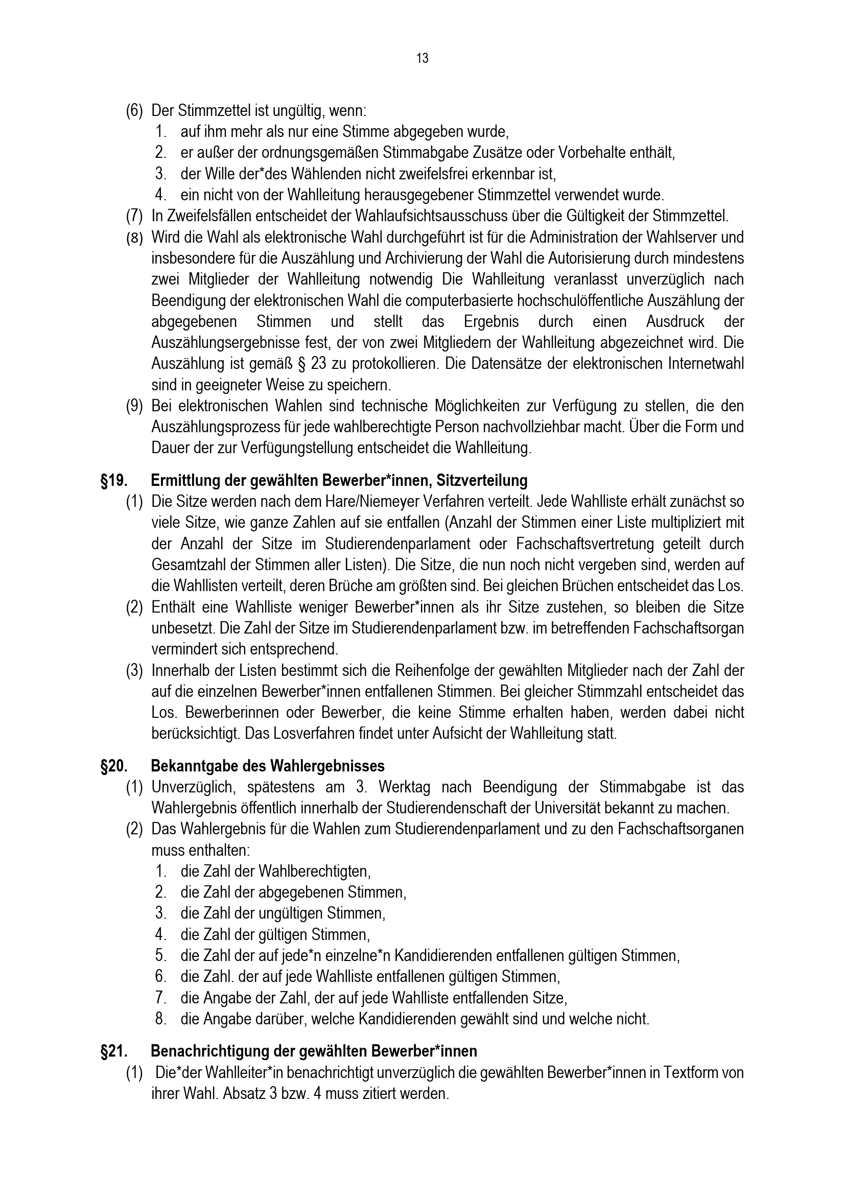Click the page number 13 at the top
click(422, 58)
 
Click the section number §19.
click(114, 480)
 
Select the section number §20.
click(114, 766)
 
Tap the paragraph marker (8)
click(134, 238)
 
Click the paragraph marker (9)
click(134, 407)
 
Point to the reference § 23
click(309, 364)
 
